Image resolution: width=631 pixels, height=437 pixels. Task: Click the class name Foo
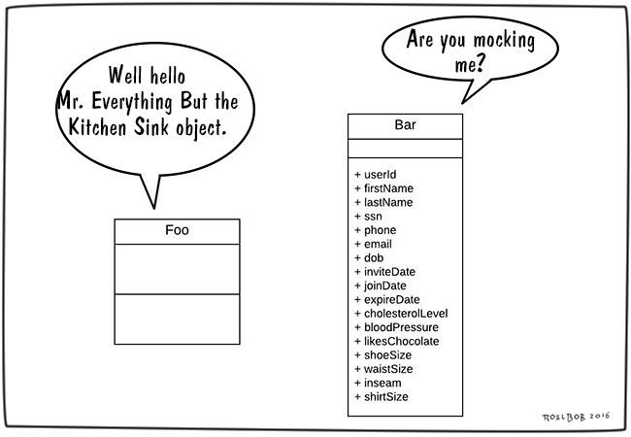click(177, 231)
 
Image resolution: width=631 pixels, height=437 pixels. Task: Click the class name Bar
click(405, 125)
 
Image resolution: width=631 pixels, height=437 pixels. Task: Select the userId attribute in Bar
click(380, 174)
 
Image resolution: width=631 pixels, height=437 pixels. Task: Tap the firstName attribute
click(386, 188)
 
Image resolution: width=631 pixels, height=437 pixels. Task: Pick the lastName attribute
click(386, 202)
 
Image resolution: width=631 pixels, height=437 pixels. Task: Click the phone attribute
click(380, 230)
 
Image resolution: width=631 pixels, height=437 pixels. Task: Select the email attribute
click(378, 244)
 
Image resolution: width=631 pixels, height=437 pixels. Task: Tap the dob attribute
click(373, 257)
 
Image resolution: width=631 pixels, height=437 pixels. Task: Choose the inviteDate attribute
click(389, 272)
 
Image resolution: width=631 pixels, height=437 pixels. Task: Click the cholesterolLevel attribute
click(406, 313)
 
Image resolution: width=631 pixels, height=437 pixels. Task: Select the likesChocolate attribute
click(401, 341)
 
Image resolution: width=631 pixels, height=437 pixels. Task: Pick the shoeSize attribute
click(385, 355)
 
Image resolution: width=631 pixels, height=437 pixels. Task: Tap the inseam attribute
click(381, 383)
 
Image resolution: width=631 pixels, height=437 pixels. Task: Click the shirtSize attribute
click(384, 397)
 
